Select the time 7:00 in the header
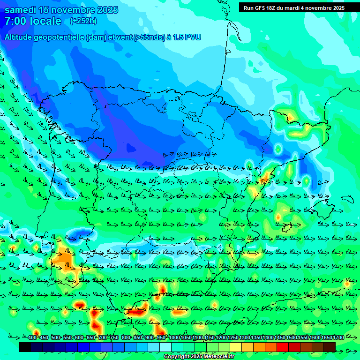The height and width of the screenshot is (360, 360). pos(15,21)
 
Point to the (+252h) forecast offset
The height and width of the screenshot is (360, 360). pos(83,21)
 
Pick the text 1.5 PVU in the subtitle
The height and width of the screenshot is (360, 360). pos(187,37)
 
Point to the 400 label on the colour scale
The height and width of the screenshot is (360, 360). pos(32,338)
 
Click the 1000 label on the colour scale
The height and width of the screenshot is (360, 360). pos(174,338)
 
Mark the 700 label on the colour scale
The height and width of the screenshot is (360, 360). pos(103,338)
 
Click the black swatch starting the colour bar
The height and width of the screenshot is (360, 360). pos(25,347)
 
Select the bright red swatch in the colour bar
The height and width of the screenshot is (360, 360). pos(283,347)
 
